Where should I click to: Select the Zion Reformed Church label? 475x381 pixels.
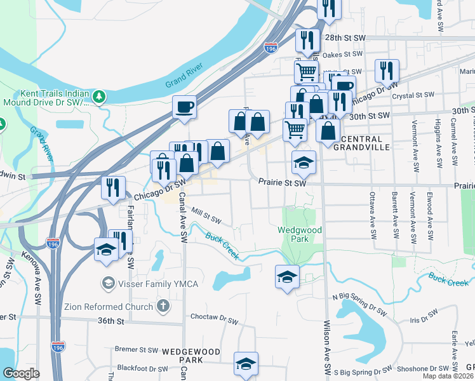pos(109,307)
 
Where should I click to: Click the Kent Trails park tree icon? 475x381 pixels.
pos(98,97)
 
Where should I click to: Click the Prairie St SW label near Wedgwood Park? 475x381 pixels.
pos(283,183)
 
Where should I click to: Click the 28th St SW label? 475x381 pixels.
pos(346,38)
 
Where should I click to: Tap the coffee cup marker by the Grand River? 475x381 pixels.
pos(184,106)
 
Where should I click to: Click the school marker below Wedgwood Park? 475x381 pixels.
pos(287,276)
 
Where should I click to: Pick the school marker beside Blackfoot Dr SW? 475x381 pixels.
pos(246,363)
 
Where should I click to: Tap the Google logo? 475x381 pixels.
pos(21,373)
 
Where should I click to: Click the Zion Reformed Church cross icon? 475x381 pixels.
pos(163,307)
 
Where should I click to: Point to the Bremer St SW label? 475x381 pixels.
pos(137,349)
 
